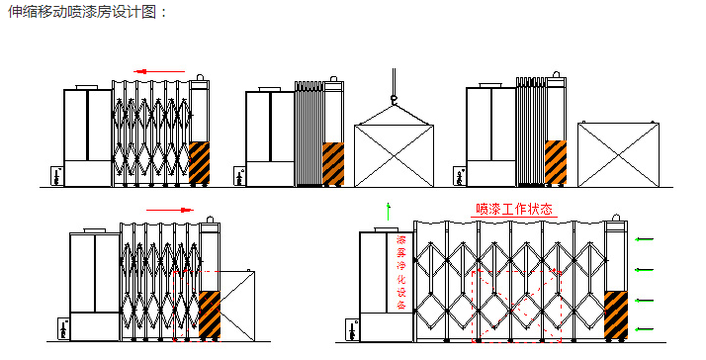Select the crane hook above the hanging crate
click(x=393, y=96)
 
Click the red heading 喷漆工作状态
click(x=513, y=210)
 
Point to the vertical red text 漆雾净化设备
click(x=401, y=273)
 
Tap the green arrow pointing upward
click(x=390, y=210)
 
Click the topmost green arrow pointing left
click(x=645, y=238)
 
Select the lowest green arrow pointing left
click(x=645, y=328)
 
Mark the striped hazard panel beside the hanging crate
click(x=333, y=163)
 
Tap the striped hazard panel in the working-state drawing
click(x=615, y=315)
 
